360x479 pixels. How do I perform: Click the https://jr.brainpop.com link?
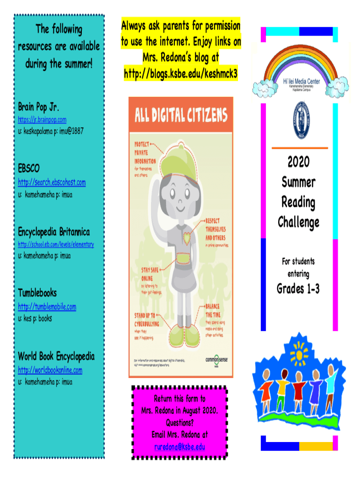click(x=42, y=120)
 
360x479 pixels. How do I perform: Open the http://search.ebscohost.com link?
click(x=51, y=182)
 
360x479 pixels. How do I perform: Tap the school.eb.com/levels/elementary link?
click(x=56, y=244)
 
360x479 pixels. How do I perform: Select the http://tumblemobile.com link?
click(x=47, y=307)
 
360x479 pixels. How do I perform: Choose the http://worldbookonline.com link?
click(x=50, y=370)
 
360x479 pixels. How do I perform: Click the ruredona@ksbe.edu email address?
click(x=180, y=447)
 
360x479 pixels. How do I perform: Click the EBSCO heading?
click(x=29, y=168)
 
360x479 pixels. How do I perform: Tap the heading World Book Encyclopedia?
click(x=56, y=356)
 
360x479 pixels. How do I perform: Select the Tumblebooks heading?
click(x=37, y=293)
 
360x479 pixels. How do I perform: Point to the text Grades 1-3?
click(x=298, y=289)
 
